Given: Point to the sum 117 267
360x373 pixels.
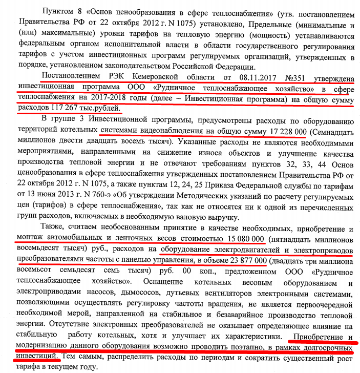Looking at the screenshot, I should tap(68, 108).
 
